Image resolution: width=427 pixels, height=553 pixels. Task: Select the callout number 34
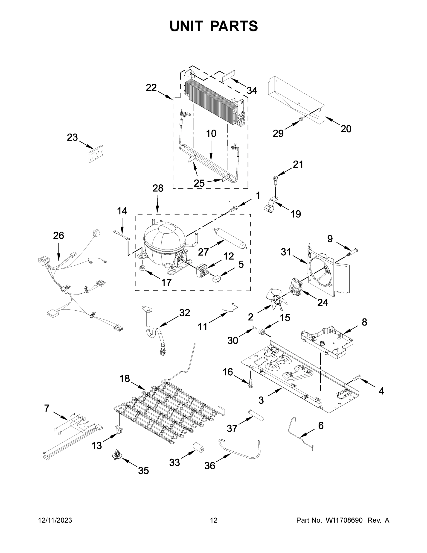pos(252,90)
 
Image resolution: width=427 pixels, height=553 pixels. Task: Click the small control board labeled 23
pos(96,154)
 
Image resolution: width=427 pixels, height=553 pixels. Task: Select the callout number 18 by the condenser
pos(125,379)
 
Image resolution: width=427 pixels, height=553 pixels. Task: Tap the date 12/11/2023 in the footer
pos(55,520)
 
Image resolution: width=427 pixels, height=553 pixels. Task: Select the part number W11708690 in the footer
pos(344,520)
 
